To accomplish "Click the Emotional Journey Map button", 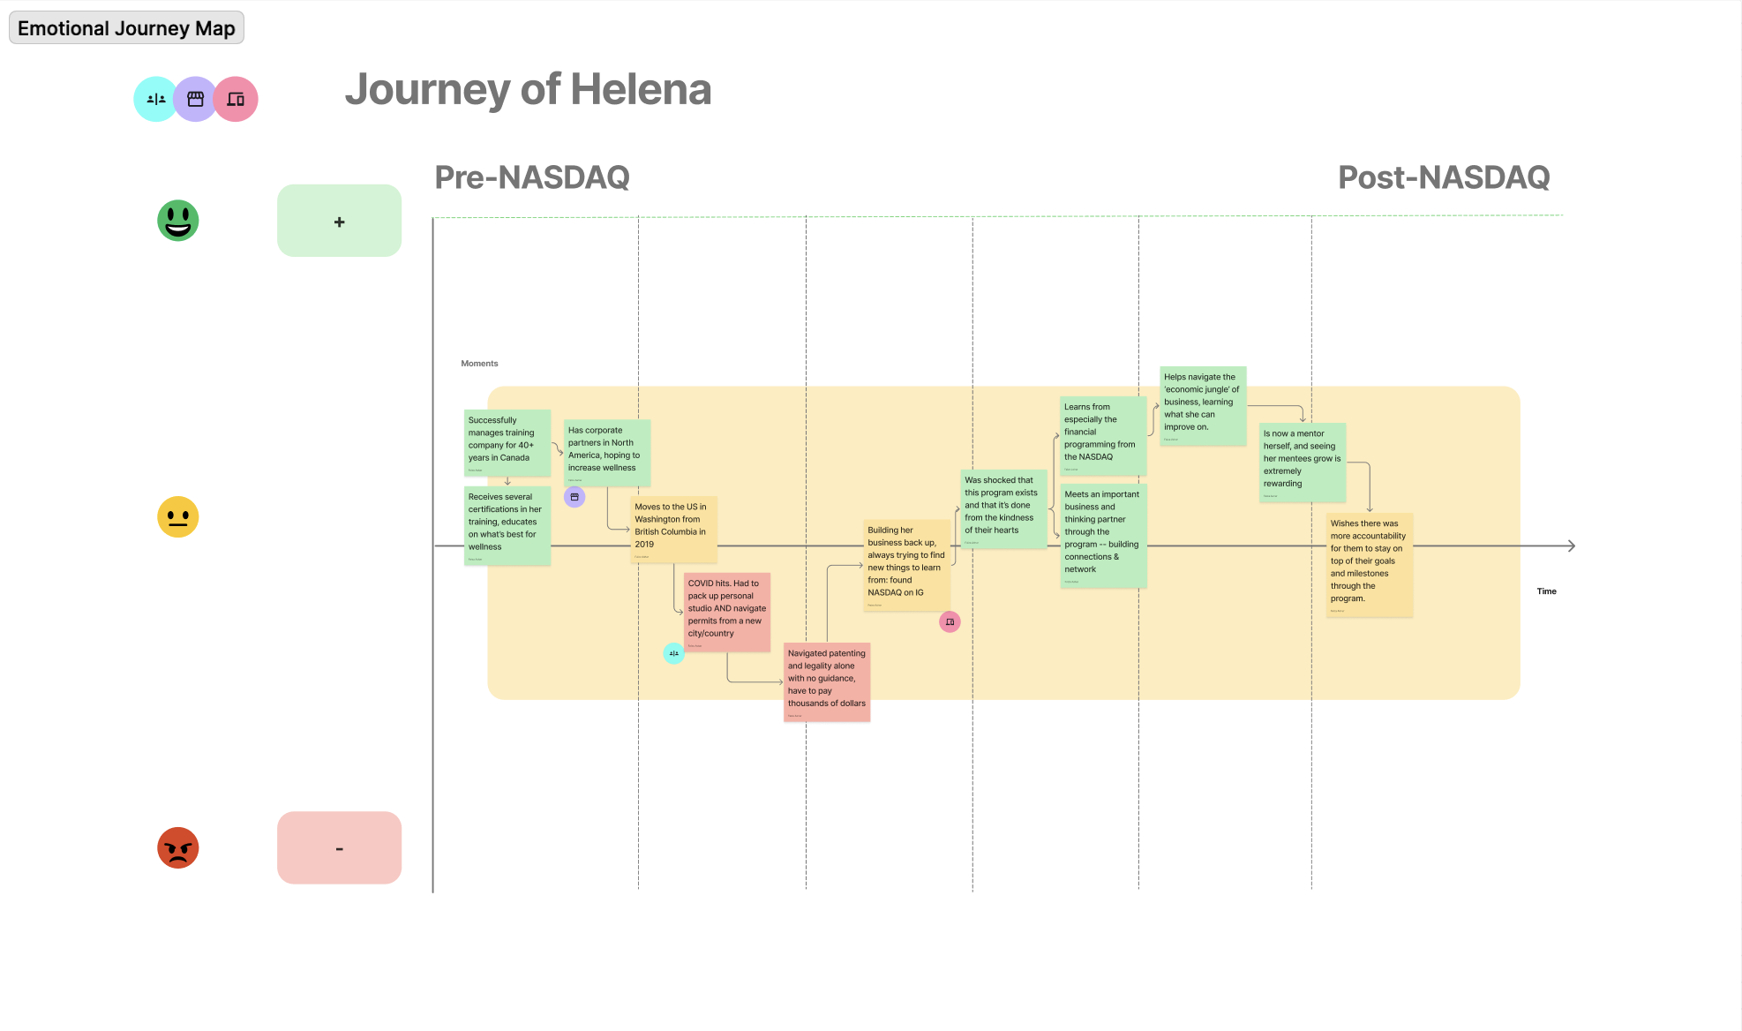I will click(126, 28).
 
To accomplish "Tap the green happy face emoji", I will click(178, 221).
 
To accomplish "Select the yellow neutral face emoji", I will click(178, 517).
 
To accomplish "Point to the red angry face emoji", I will click(178, 848).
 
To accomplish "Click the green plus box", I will click(339, 222).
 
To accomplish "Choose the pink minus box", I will click(339, 848).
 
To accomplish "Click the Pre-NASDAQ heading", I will click(532, 177).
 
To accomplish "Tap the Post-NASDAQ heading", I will click(1444, 177).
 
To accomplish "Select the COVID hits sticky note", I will click(727, 612).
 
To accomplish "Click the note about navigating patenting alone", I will click(827, 681).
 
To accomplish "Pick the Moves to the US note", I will click(674, 529).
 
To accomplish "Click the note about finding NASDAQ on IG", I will click(906, 565).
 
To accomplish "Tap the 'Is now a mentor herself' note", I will click(1302, 462).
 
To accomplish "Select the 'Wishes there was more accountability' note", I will click(1369, 564).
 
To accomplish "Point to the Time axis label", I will click(1546, 591).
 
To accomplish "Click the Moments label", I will click(479, 364).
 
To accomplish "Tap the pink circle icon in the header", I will click(236, 100).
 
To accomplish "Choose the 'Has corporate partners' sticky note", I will click(606, 452).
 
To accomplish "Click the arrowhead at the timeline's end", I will click(1571, 546).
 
